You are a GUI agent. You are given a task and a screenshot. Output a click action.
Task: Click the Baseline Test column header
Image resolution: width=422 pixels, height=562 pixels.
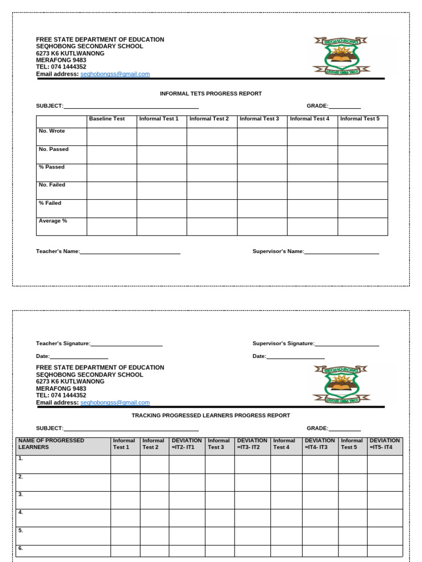pos(107,119)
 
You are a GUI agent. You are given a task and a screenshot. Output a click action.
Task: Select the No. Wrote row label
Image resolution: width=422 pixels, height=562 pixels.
pos(52,131)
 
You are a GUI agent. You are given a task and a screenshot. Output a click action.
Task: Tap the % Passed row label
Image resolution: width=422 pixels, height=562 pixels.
pos(52,167)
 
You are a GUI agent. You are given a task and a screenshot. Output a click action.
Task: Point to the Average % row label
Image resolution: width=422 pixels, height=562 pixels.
pos(53,221)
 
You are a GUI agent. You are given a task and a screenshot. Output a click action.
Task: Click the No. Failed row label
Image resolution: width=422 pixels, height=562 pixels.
pos(52,185)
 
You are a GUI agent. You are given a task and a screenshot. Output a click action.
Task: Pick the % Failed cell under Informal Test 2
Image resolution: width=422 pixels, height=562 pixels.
pos(212,209)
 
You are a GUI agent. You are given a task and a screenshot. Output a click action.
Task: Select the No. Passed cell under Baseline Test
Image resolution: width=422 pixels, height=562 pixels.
pos(112,155)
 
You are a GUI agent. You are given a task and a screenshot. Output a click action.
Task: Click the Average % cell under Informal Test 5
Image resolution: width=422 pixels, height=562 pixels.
pos(362,227)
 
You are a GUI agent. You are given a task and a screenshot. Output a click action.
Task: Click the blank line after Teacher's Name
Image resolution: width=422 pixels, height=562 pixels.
pos(130,252)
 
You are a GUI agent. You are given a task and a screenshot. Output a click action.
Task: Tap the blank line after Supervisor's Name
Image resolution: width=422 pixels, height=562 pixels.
pos(341,252)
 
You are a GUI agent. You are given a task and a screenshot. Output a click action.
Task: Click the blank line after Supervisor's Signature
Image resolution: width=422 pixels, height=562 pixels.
pos(347,344)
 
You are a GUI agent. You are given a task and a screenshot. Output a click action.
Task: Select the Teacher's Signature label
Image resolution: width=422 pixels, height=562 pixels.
pos(63,344)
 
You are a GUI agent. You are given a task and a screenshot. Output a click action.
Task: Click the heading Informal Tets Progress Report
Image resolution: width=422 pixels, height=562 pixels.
pos(210,94)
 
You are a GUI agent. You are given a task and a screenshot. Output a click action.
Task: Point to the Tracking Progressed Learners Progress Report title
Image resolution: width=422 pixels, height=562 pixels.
pos(210,415)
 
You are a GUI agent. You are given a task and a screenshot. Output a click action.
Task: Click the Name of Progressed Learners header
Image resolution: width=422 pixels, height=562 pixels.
pos(51,443)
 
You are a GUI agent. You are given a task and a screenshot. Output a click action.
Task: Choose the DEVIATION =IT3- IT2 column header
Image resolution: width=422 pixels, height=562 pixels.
pos(252,443)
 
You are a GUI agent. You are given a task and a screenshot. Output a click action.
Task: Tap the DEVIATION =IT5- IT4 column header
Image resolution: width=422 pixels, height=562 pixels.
pos(385,443)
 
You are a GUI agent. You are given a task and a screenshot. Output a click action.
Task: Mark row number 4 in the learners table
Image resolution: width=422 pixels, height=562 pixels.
pos(21,512)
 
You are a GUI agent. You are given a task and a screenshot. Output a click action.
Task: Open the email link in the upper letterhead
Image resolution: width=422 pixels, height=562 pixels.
pos(115,74)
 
